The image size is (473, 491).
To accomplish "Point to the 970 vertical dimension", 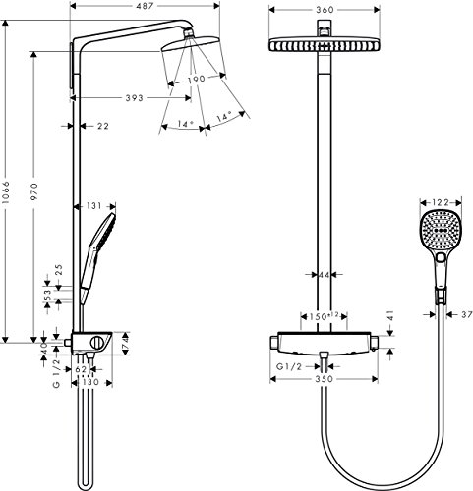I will pyautogui.click(x=35, y=196).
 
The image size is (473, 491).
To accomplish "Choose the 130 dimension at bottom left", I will pyautogui.click(x=90, y=382).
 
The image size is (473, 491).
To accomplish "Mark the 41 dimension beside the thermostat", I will pyautogui.click(x=390, y=316).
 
